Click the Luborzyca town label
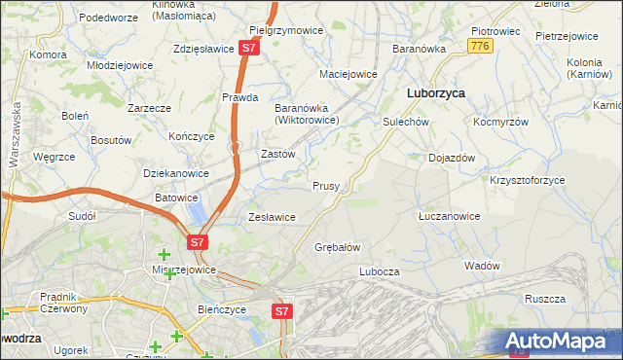[434, 93]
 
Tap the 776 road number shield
[478, 46]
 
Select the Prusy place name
[325, 186]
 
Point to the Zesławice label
[272, 217]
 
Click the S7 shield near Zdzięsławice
[250, 47]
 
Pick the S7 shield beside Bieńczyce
[281, 311]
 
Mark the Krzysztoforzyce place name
[527, 180]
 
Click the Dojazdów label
[452, 158]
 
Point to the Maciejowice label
[348, 74]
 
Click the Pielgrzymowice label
[286, 30]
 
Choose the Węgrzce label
[54, 157]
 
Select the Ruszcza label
[544, 300]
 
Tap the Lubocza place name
[380, 272]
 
